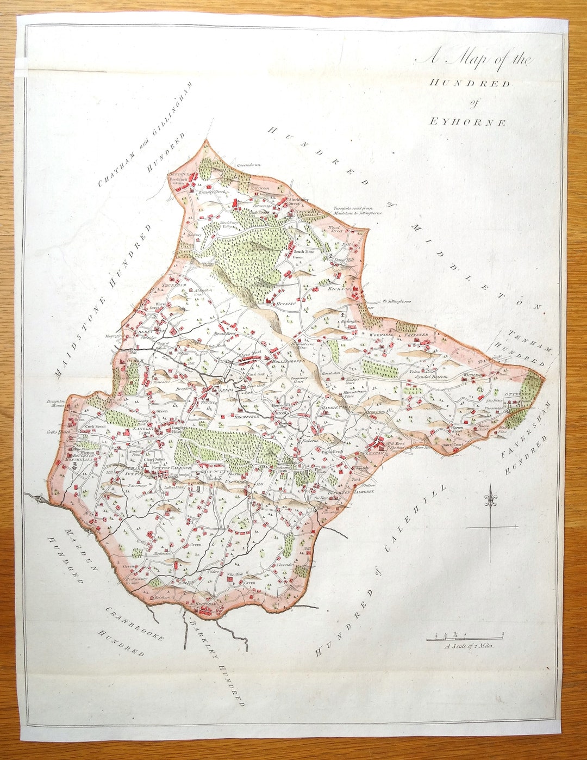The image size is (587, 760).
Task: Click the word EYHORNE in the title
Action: coord(467,122)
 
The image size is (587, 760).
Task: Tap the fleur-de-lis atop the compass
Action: coord(491,497)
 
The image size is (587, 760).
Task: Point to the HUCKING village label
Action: coord(285,304)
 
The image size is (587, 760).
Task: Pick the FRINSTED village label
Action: coord(416,335)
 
